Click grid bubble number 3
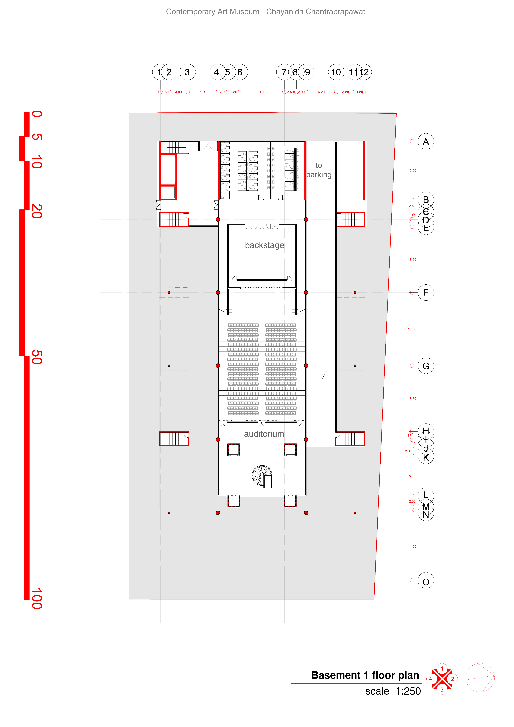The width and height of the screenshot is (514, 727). point(188,72)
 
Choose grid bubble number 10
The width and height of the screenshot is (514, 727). point(336,72)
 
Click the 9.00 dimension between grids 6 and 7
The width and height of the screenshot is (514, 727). point(262,92)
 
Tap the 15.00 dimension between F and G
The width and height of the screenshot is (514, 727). point(412,329)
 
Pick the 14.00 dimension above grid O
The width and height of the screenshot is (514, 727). point(412,546)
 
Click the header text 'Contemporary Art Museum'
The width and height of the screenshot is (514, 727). point(213,12)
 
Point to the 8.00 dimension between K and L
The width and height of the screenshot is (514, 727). point(412,476)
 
